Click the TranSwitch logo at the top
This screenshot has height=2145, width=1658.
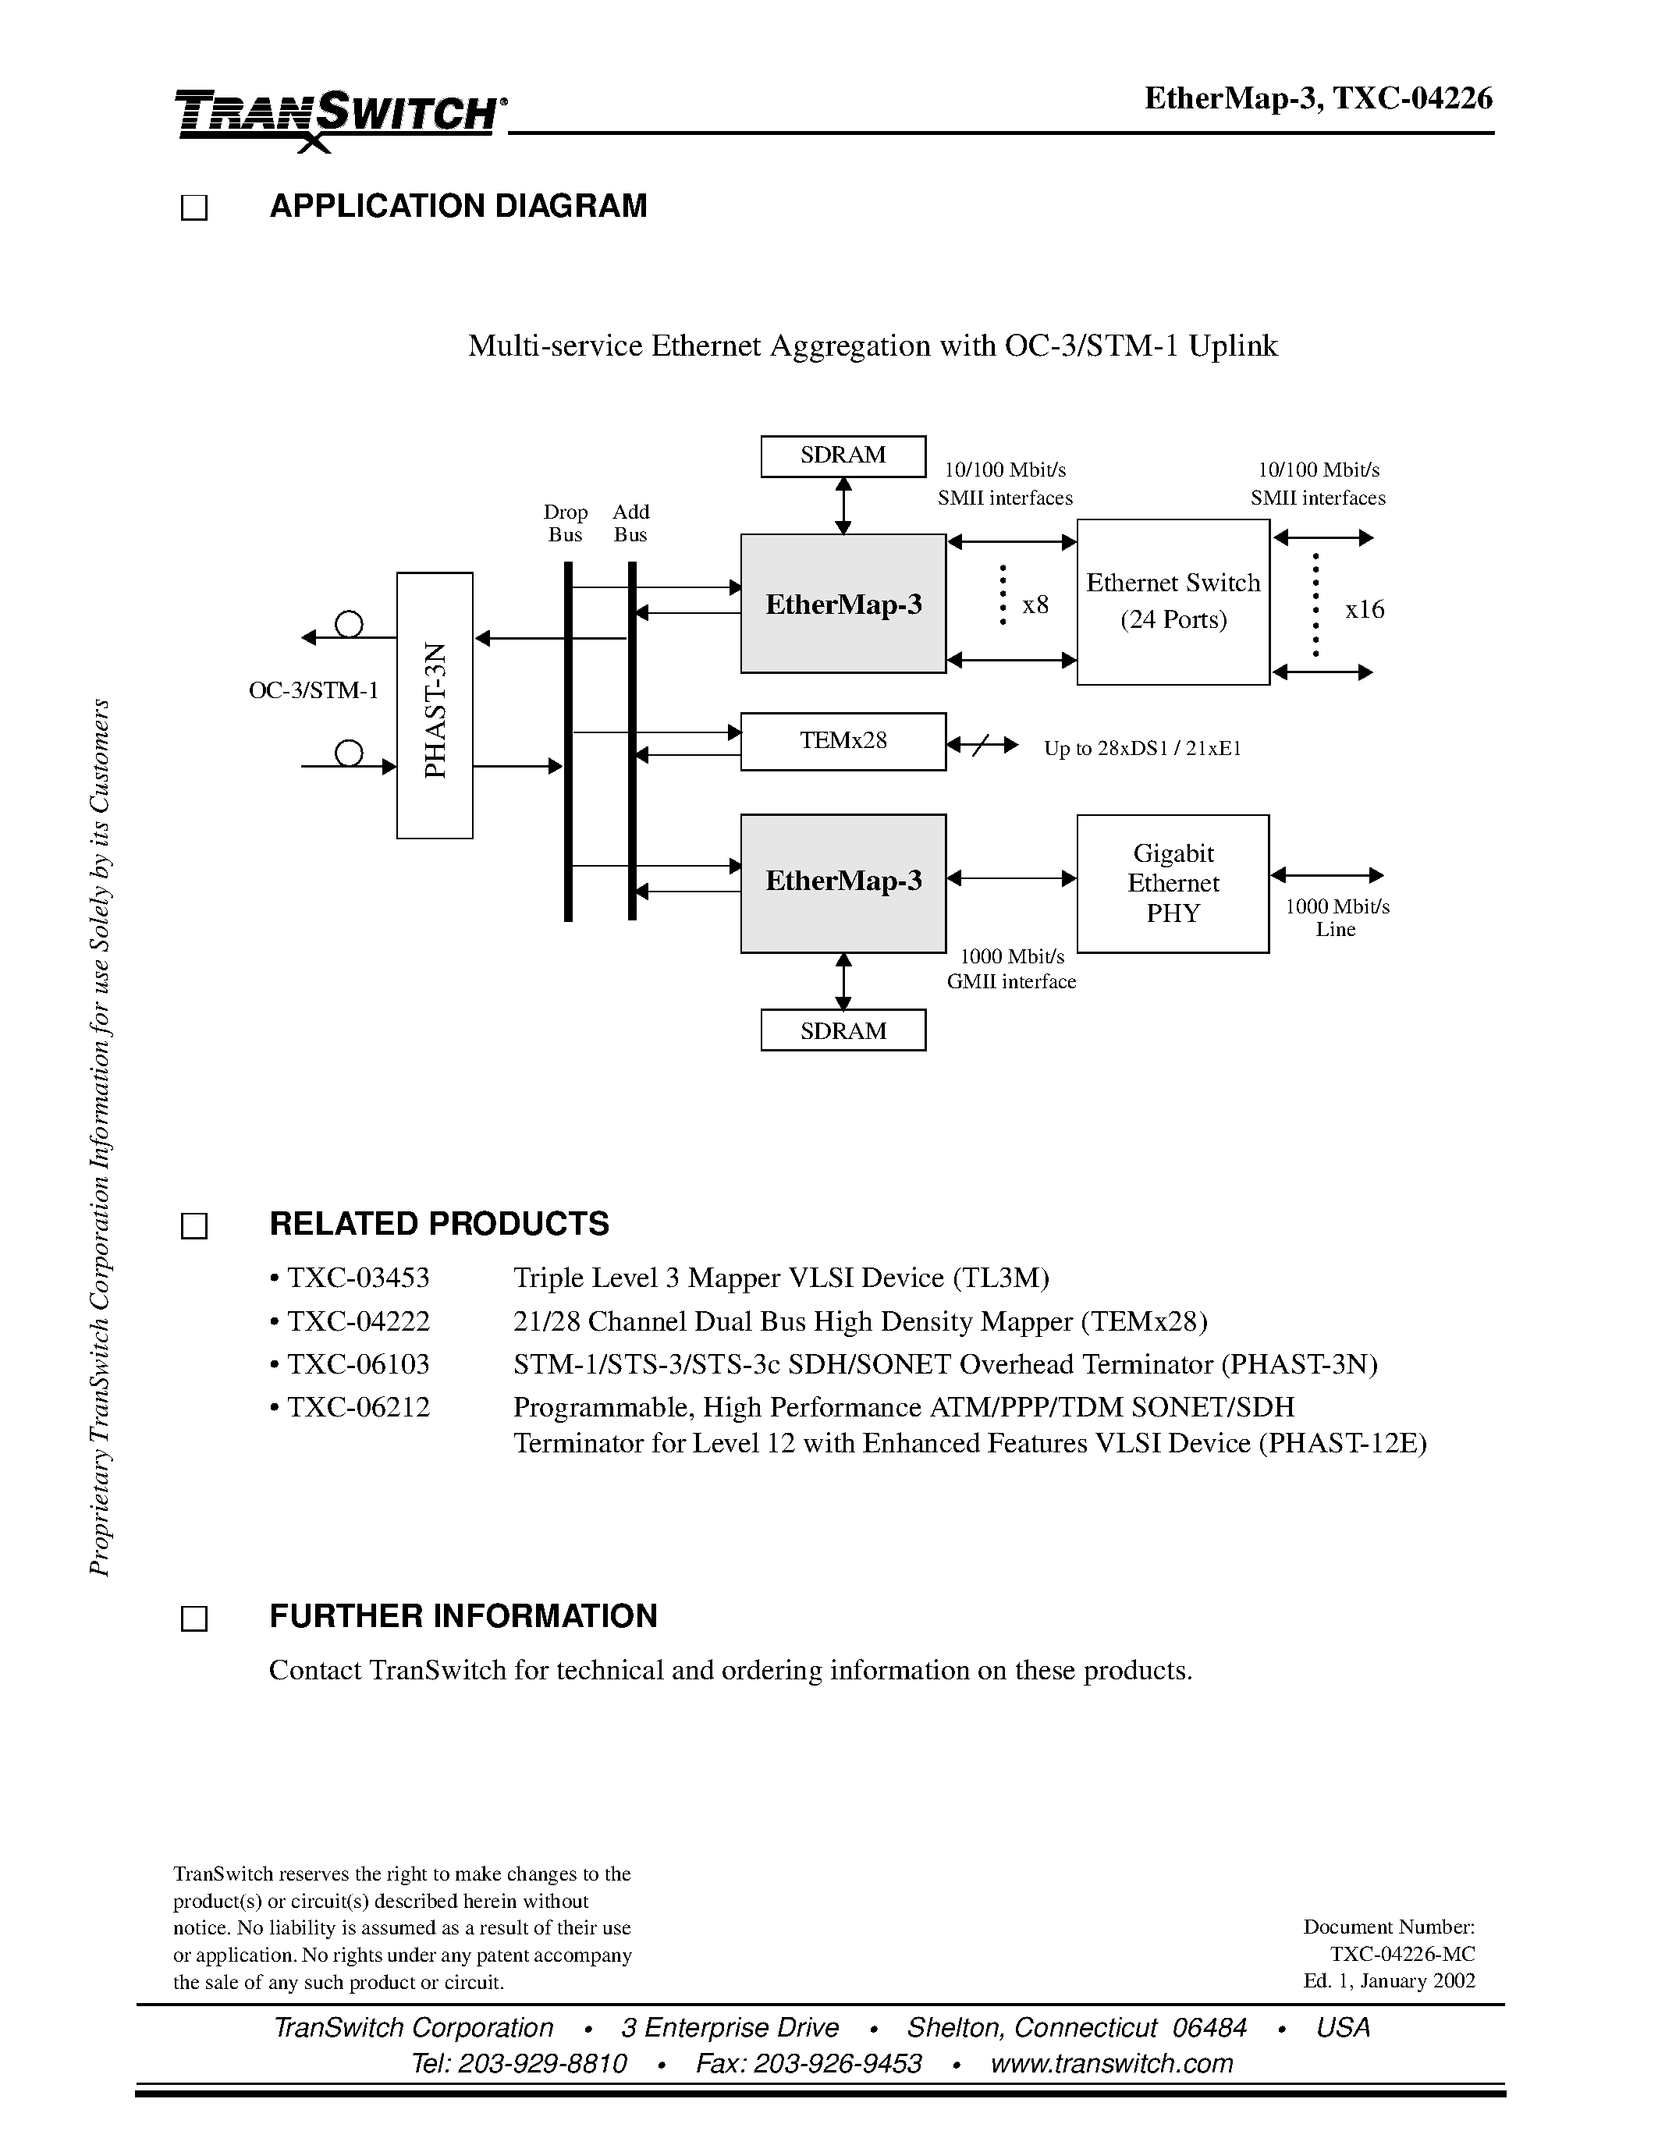click(x=339, y=116)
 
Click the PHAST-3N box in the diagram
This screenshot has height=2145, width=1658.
click(x=434, y=705)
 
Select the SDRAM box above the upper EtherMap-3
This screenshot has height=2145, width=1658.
click(x=843, y=456)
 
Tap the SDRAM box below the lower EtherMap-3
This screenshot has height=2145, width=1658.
click(x=843, y=1030)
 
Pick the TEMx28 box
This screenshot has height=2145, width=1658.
click(x=843, y=740)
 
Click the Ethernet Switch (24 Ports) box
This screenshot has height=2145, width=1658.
click(x=1173, y=601)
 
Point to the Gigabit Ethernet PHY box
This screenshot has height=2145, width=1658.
click(x=1173, y=883)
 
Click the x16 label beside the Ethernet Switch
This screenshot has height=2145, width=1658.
click(x=1365, y=610)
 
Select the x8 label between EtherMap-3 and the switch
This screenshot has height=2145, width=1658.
click(x=1035, y=605)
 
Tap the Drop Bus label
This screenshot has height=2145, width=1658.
click(x=566, y=523)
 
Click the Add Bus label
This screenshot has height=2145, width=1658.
click(x=630, y=523)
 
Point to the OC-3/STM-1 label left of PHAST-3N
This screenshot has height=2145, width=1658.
click(x=314, y=690)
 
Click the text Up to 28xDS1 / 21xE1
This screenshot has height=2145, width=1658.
click(x=1142, y=748)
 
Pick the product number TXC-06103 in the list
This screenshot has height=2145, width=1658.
click(x=358, y=1364)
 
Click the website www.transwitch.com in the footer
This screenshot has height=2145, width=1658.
click(x=1111, y=2063)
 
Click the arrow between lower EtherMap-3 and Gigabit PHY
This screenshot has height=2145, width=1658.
click(x=1012, y=878)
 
